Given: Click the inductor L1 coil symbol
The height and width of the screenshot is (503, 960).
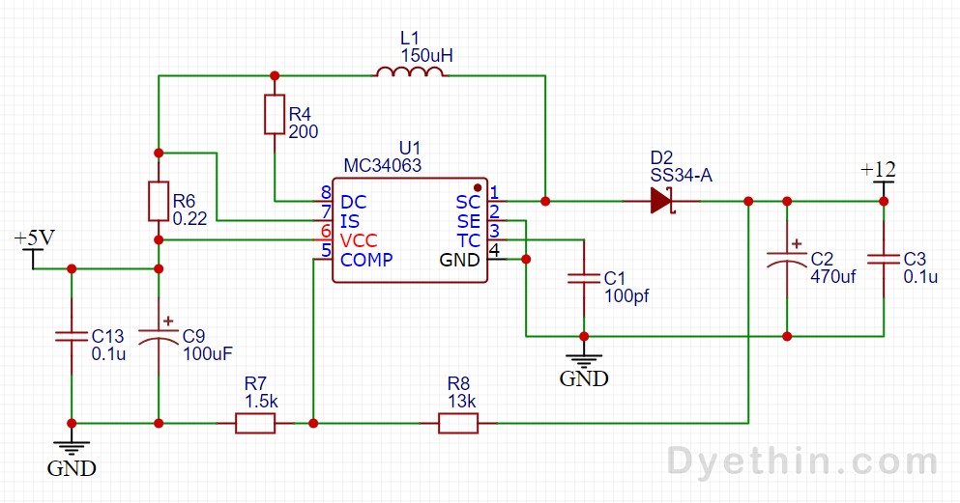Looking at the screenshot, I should [x=410, y=74].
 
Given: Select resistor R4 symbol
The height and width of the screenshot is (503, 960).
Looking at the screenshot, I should [x=275, y=114].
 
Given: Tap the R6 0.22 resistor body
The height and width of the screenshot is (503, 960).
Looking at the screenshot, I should [x=158, y=201].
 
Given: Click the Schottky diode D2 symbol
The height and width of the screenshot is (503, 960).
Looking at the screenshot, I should [x=661, y=201].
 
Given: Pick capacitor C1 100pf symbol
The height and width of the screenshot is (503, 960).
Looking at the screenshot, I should [x=583, y=278].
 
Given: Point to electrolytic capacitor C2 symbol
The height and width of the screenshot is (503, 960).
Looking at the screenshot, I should [x=787, y=260].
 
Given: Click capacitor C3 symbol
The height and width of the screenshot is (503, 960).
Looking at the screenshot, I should [x=883, y=259].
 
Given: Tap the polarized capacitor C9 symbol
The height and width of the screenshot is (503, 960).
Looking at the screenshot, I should [x=158, y=335].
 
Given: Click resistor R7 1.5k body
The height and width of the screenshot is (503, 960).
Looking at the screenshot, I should [x=255, y=423].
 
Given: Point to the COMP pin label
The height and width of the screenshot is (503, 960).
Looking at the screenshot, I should [x=366, y=260].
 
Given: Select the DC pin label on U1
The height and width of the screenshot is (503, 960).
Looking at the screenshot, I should [x=354, y=202].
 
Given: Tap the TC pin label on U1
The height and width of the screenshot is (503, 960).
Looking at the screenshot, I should [x=468, y=240].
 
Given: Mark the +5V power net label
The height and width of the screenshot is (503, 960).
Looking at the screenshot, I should [x=34, y=238].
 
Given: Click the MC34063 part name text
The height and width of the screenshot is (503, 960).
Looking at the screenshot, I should [x=383, y=166].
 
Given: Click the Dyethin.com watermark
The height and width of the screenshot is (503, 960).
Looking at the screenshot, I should [x=801, y=461].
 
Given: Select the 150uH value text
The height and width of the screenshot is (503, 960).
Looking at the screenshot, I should [x=426, y=56].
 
